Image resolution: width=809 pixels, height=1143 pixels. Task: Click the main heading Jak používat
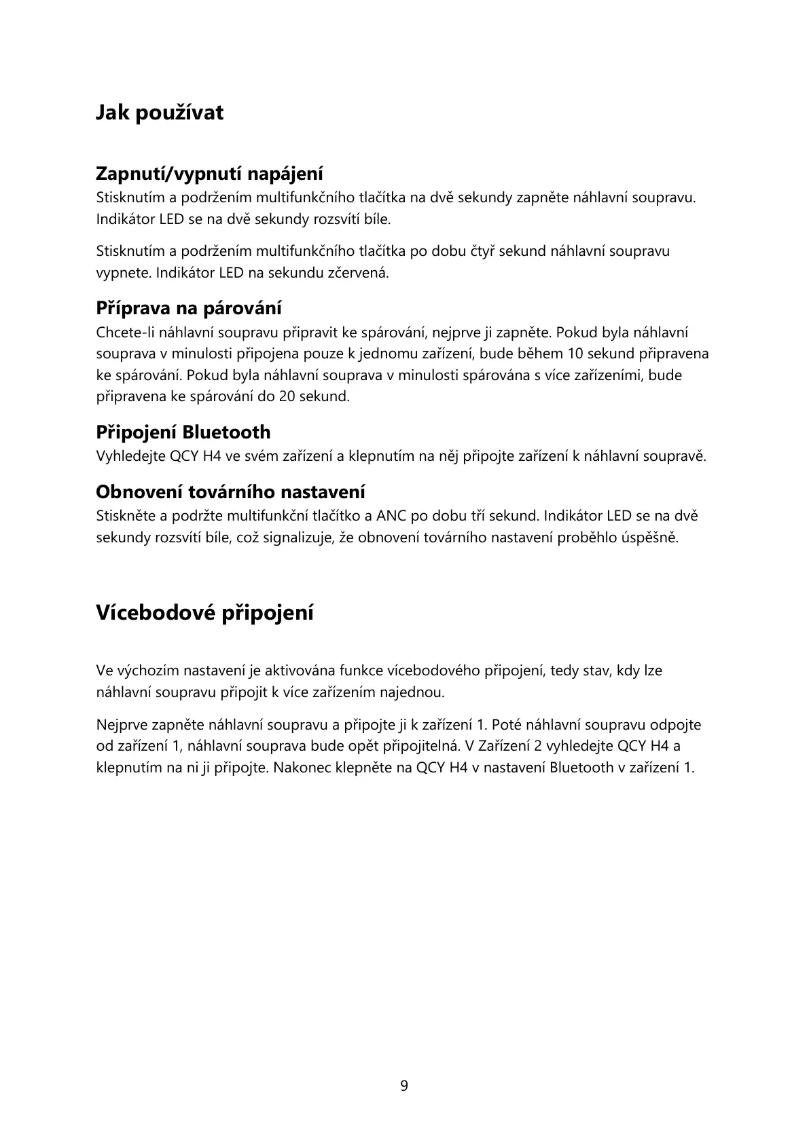pos(159,113)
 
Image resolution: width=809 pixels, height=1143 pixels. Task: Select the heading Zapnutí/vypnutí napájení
pos(209,174)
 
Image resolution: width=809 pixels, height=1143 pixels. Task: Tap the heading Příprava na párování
pos(188,308)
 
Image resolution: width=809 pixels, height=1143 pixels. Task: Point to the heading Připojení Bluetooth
pos(183,432)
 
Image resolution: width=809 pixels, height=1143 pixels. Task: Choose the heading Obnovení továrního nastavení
pos(230,491)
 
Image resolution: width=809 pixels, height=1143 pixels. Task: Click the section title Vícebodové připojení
pos(204,613)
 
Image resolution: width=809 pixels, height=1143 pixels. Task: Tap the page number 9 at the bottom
pos(404,1086)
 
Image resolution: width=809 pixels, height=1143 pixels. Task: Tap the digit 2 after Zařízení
pos(538,747)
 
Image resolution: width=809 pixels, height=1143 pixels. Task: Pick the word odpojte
pos(677,725)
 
